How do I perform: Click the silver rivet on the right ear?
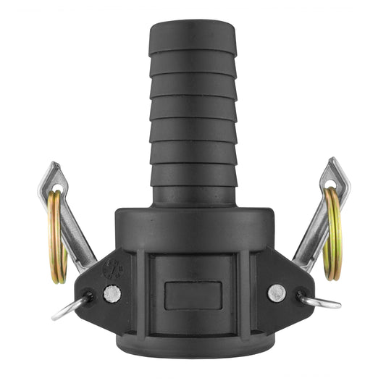point(276,293)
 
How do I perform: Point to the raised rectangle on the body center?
point(193,296)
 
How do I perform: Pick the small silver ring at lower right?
point(319,302)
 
